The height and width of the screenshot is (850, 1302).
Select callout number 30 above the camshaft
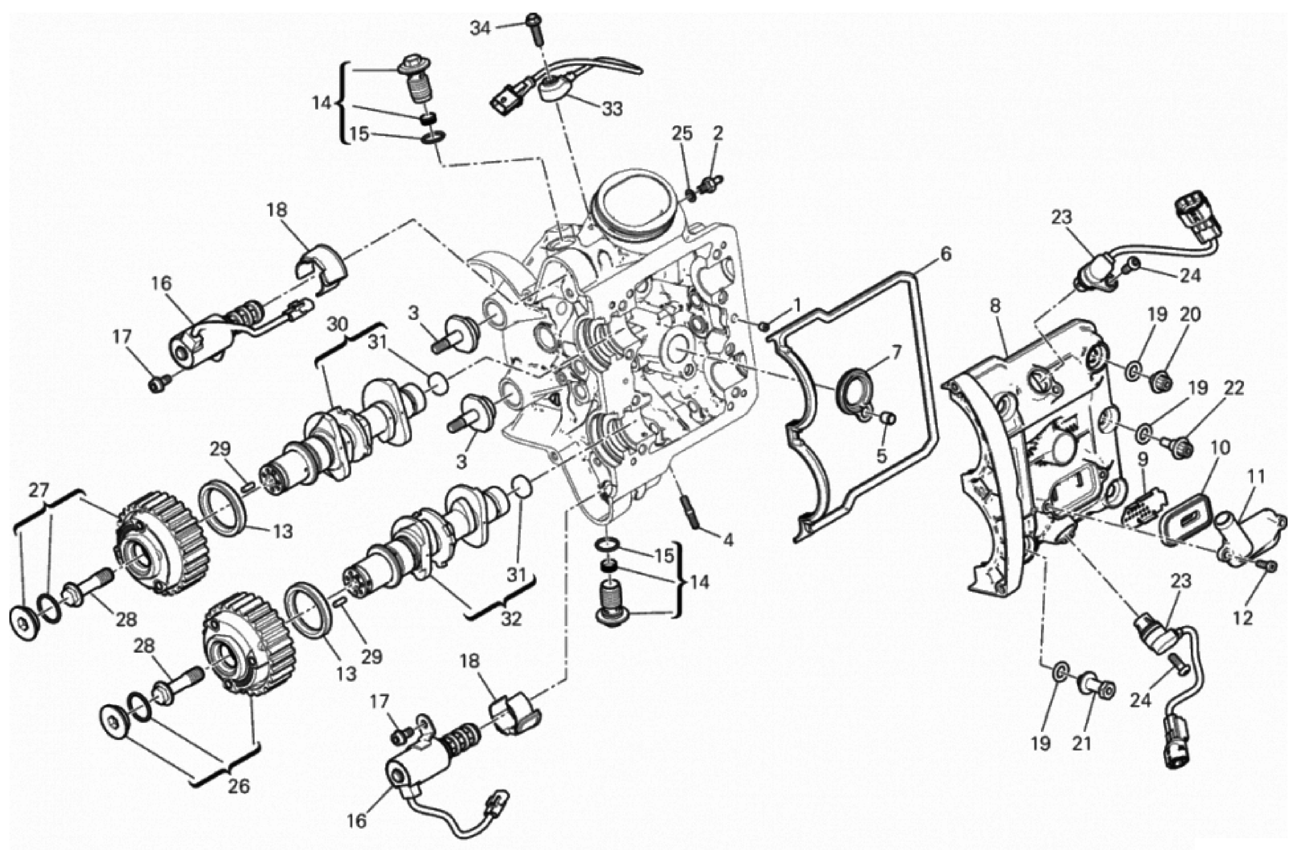pyautogui.click(x=337, y=324)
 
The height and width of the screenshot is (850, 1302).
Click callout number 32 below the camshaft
pyautogui.click(x=512, y=619)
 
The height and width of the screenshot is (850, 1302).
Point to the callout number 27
pyautogui.click(x=39, y=491)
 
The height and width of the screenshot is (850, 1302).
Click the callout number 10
pyautogui.click(x=1220, y=447)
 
